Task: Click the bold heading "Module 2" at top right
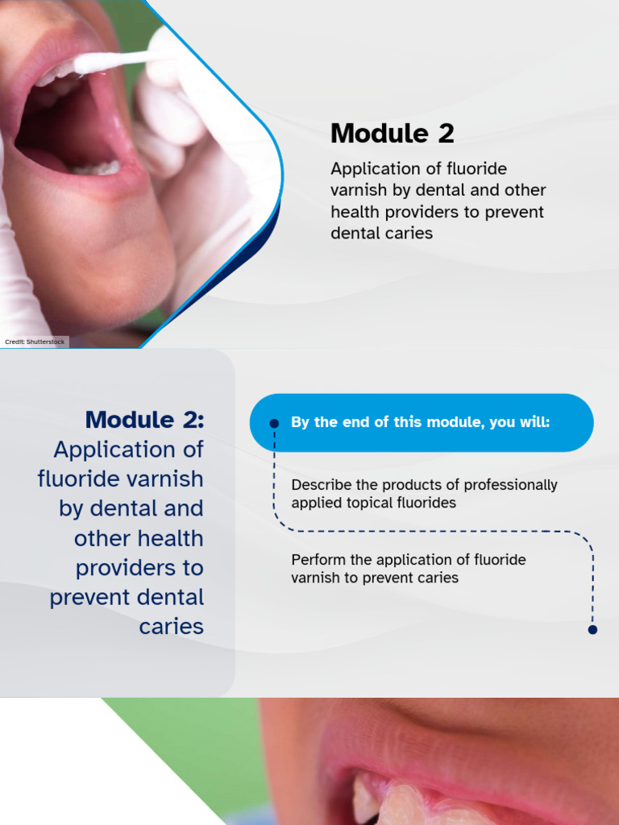[392, 134]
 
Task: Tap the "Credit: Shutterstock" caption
[35, 342]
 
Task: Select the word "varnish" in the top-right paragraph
[359, 191]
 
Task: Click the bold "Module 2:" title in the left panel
[144, 420]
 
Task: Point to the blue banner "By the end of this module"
[421, 422]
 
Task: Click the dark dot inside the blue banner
[274, 423]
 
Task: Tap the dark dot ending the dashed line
[592, 629]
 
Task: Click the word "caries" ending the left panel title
[171, 627]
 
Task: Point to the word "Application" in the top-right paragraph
[376, 169]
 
